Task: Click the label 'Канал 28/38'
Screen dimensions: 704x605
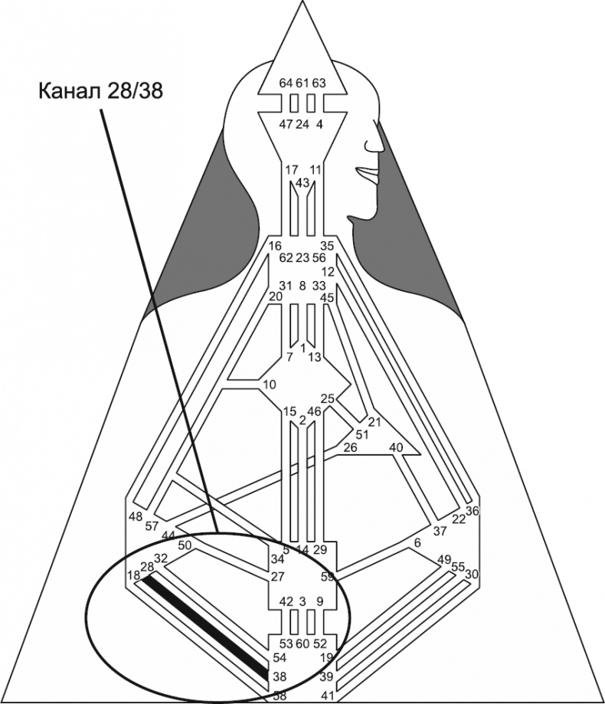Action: pos(100,91)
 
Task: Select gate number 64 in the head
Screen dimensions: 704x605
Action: pos(286,83)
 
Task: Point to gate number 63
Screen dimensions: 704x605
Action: pos(319,83)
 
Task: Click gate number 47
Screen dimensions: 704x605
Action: pos(286,124)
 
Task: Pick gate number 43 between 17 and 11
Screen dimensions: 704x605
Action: pos(302,182)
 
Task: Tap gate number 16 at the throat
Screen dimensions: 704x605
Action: pos(276,246)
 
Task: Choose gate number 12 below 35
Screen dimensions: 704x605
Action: pos(329,271)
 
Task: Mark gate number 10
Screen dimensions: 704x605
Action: pos(269,384)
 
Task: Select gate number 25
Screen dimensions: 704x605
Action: pos(327,398)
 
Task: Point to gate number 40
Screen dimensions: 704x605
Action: pos(396,447)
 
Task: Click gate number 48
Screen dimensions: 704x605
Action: pos(136,516)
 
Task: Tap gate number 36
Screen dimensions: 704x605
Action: pos(472,511)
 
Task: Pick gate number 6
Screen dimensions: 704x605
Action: pos(417,542)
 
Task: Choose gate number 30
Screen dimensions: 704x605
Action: pos(472,574)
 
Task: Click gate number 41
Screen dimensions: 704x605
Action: pos(327,696)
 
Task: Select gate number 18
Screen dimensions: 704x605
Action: pos(133,575)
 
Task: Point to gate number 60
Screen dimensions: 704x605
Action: pos(302,643)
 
